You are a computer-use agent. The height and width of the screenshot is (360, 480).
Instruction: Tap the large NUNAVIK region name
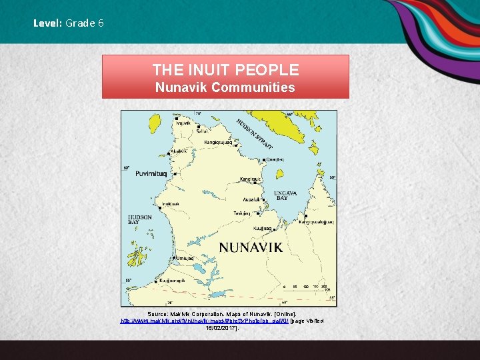point(251,247)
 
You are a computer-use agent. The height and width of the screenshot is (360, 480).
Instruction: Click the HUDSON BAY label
point(139,219)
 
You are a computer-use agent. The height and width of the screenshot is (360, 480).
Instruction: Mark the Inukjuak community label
point(171,204)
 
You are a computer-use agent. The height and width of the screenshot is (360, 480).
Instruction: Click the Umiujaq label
point(185,258)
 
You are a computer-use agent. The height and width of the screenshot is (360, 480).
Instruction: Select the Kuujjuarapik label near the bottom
point(179,283)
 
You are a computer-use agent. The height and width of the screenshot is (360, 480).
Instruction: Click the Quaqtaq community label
point(275,160)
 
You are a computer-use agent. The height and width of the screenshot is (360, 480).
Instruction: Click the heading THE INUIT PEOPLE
point(225,70)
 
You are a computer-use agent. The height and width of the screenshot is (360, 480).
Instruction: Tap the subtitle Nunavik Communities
point(225,87)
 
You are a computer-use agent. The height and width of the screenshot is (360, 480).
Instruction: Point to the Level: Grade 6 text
point(69,23)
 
